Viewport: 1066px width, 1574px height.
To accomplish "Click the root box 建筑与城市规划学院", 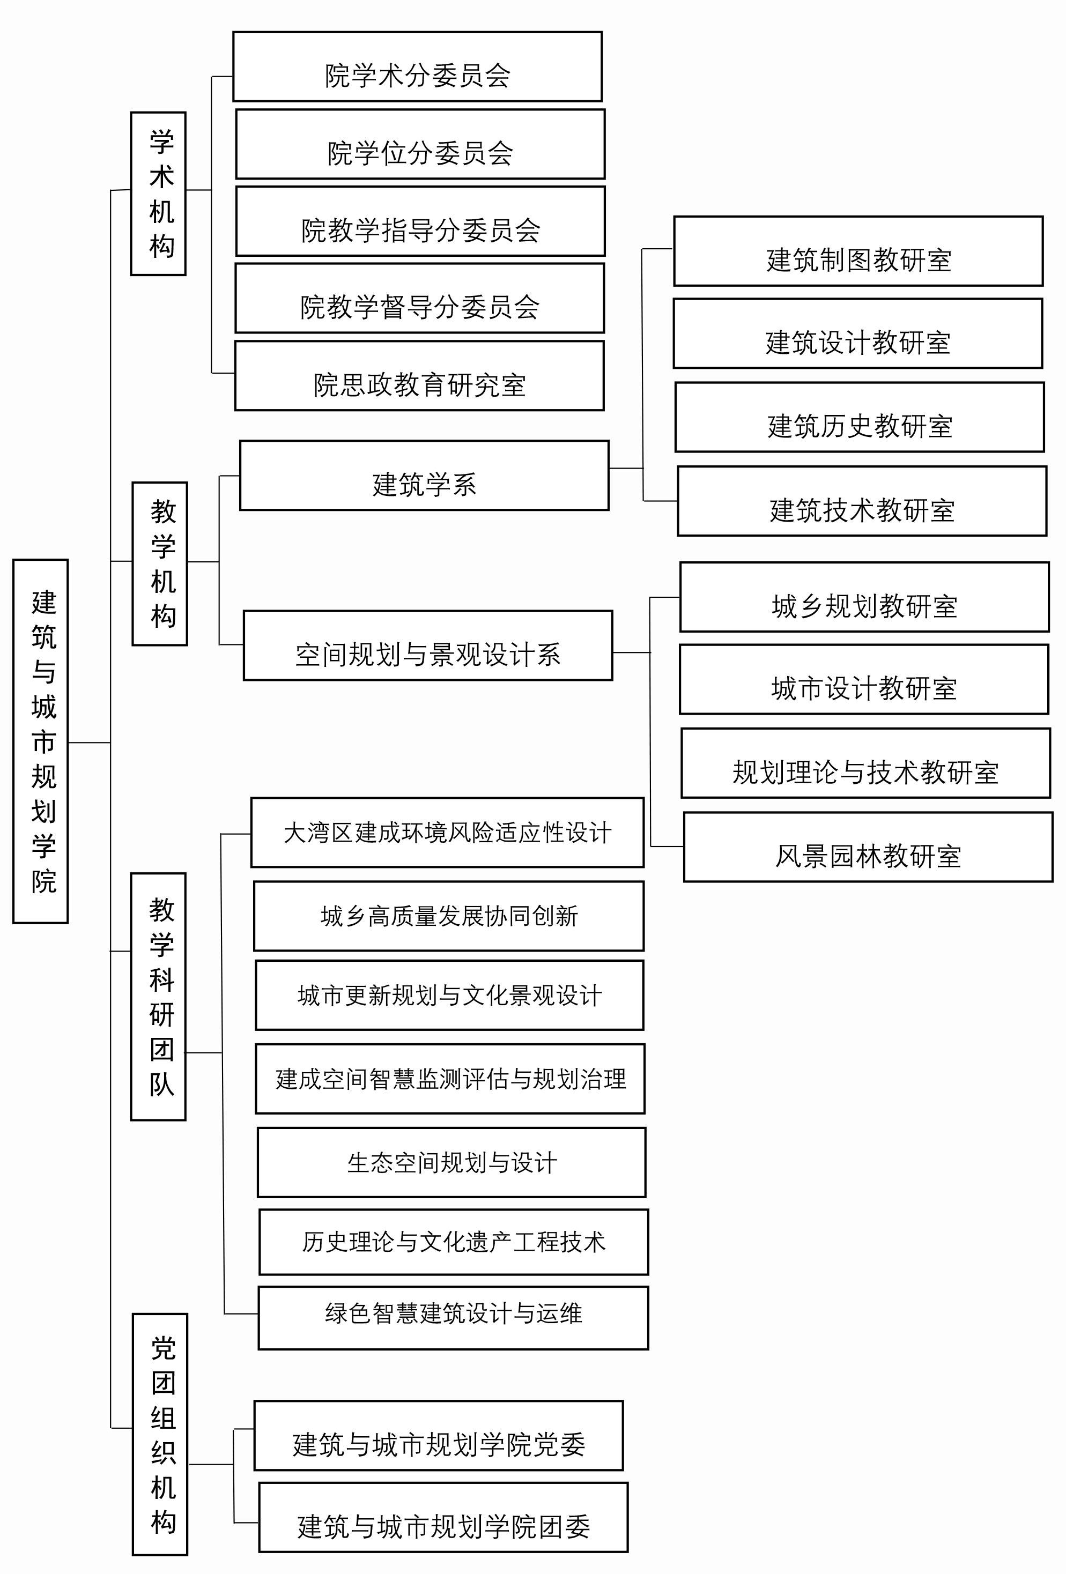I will [x=41, y=741].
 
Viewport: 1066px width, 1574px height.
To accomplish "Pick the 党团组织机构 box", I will [x=160, y=1434].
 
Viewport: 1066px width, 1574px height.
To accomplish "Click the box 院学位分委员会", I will [x=420, y=144].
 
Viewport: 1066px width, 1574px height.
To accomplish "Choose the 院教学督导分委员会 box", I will [x=419, y=298].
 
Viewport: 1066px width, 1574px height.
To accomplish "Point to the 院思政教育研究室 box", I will [x=419, y=376].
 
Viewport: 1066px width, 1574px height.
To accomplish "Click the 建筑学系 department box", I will [x=424, y=476].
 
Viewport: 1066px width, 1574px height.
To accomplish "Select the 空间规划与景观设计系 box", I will [x=427, y=645].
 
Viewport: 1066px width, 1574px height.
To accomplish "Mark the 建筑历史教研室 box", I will [x=860, y=417].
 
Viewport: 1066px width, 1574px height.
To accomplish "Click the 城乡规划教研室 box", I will [x=864, y=597].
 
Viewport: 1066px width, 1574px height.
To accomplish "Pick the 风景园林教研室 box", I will [x=868, y=847].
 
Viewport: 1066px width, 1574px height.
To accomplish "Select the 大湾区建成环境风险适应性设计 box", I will [x=447, y=833].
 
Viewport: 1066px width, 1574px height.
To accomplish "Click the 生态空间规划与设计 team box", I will [x=451, y=1163].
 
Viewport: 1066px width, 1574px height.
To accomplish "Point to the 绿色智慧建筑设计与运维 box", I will [x=453, y=1318].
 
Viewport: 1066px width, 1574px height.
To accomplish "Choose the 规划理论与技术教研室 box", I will [x=865, y=763].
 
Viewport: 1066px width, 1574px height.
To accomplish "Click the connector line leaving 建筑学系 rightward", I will [x=625, y=468].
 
